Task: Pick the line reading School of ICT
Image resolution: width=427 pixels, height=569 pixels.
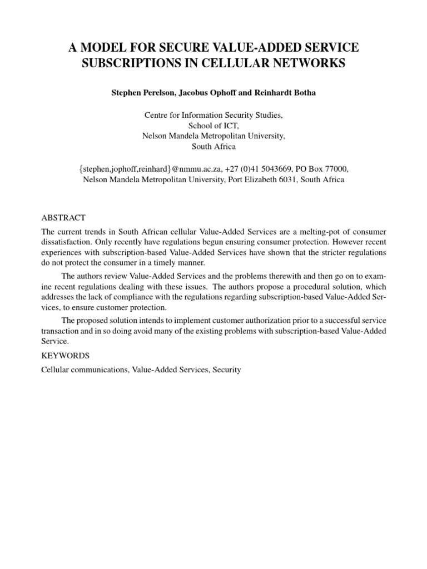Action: (x=213, y=126)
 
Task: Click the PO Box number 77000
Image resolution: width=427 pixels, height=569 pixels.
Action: (x=336, y=169)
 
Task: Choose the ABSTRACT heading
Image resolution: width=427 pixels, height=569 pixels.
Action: (x=64, y=217)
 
